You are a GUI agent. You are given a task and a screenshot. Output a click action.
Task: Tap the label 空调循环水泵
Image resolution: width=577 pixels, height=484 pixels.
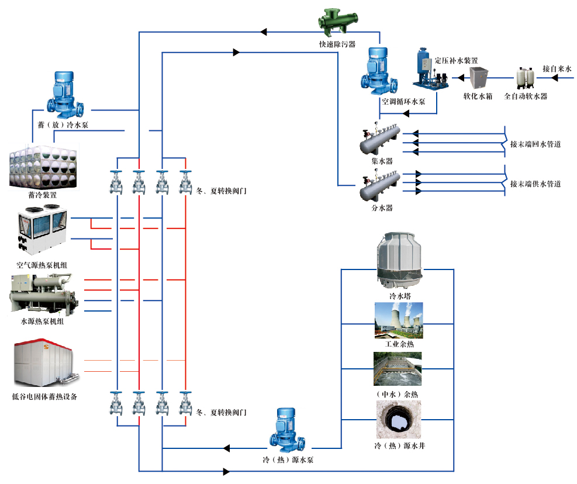pos(403,101)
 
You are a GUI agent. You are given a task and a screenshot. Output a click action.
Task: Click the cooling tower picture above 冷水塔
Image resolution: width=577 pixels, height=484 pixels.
pos(400,260)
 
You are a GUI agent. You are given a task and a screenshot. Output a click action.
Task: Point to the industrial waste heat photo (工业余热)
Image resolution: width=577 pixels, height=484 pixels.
pos(399,320)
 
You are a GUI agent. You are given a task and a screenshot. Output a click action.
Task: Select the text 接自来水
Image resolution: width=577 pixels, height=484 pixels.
pos(557,69)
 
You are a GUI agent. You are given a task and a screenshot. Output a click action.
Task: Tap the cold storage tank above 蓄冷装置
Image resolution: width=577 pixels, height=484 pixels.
pos(41,167)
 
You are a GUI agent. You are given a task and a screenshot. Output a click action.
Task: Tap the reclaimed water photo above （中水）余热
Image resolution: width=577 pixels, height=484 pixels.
pos(398,369)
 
